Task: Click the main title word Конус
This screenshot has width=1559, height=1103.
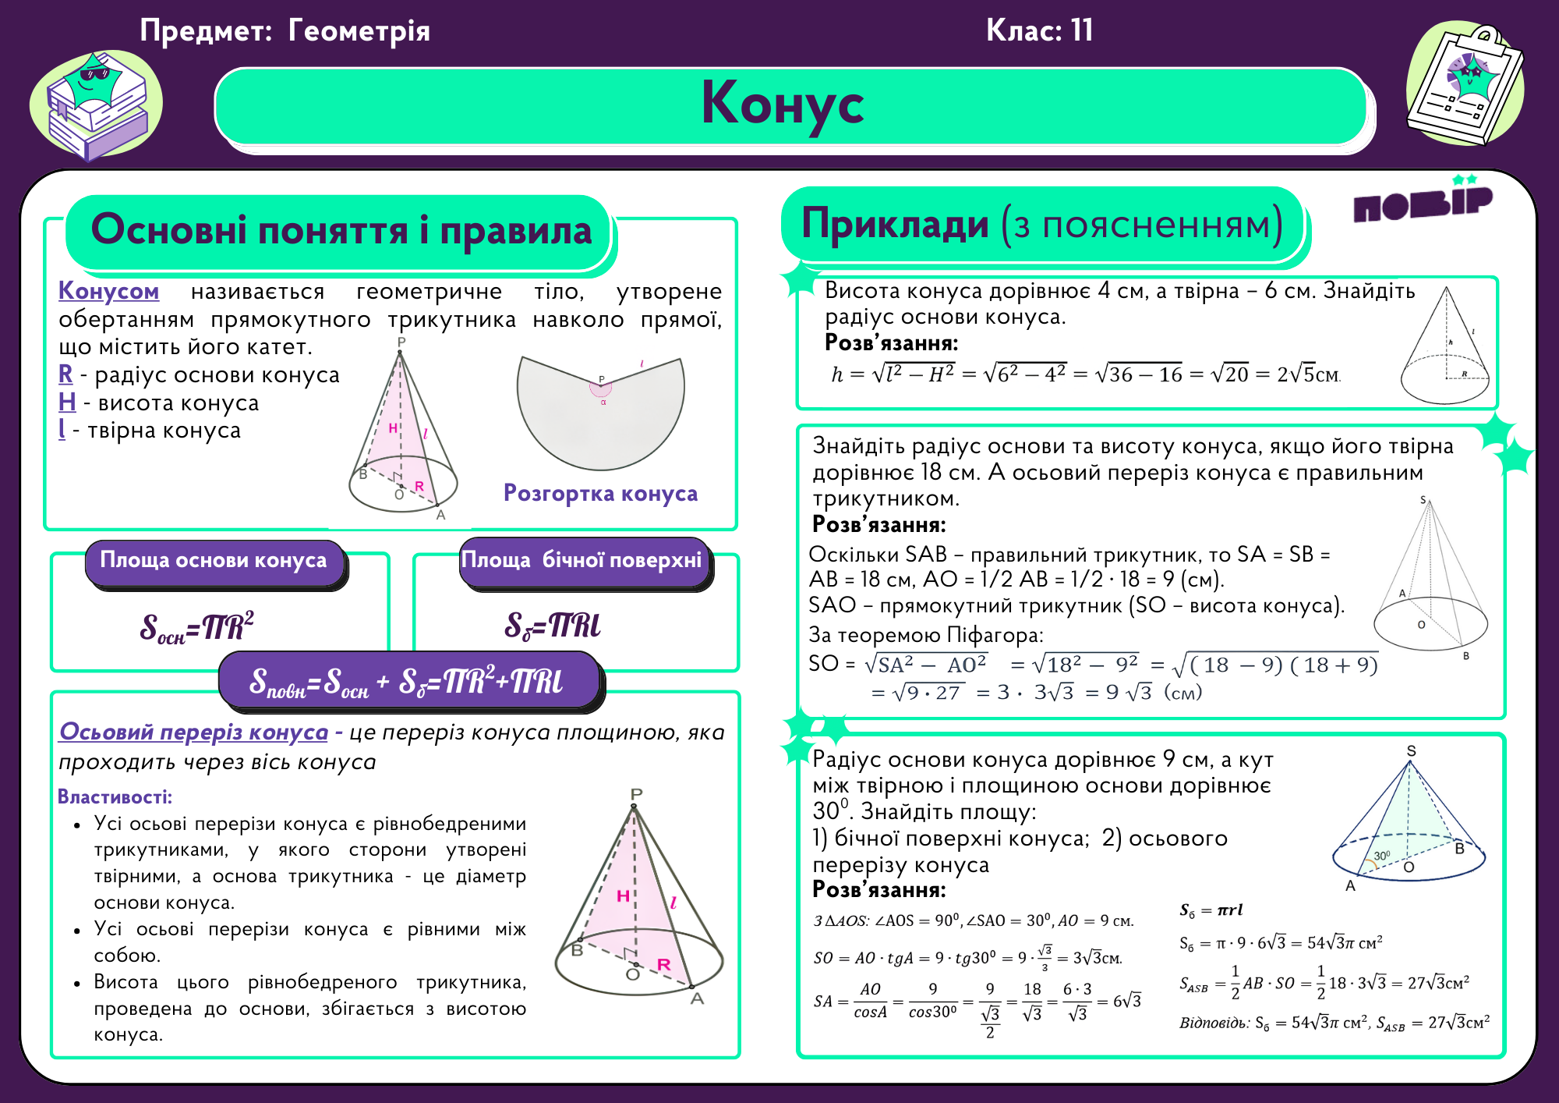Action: point(783,105)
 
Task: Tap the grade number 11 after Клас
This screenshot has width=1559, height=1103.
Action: point(1081,31)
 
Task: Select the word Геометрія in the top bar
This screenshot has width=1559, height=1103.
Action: point(359,31)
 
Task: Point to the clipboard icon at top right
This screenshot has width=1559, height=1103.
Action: point(1465,86)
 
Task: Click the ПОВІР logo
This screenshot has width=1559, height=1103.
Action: point(1423,204)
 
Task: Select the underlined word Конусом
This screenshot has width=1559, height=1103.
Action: point(108,291)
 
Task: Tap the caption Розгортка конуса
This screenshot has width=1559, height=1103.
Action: point(600,494)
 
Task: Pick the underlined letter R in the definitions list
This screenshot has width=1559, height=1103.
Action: point(65,374)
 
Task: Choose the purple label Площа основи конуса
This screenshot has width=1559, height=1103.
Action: point(214,561)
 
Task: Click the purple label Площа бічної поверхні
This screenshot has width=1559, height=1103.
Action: point(582,561)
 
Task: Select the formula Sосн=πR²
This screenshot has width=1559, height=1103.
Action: point(196,627)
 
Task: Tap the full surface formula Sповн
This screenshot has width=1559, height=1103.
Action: point(405,681)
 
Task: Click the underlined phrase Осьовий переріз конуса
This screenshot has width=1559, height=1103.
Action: point(193,732)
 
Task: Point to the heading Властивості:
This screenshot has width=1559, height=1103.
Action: point(115,797)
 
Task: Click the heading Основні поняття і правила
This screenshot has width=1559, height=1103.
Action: point(341,232)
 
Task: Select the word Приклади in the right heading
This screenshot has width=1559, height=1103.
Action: point(895,225)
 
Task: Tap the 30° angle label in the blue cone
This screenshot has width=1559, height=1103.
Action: point(1381,856)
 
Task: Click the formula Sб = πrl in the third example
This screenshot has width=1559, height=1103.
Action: point(1211,910)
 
